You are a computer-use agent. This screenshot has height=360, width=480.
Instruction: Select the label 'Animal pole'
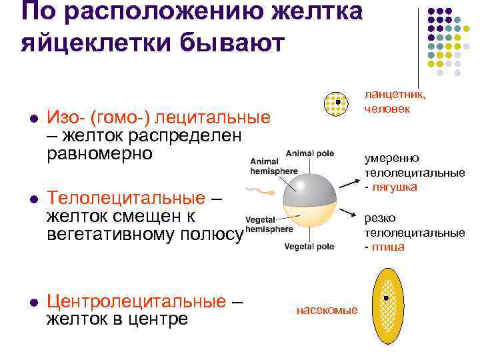(x=309, y=153)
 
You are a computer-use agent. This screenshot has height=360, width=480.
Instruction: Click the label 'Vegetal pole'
(x=309, y=246)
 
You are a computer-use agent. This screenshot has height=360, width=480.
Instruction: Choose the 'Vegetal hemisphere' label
(x=269, y=223)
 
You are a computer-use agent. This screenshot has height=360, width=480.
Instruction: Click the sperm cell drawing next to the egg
(x=259, y=193)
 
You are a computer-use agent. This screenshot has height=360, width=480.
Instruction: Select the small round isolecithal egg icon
(x=337, y=103)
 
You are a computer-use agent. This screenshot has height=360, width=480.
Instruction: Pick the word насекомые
(x=327, y=310)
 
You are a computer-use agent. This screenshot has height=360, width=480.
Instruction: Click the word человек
(x=387, y=108)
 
